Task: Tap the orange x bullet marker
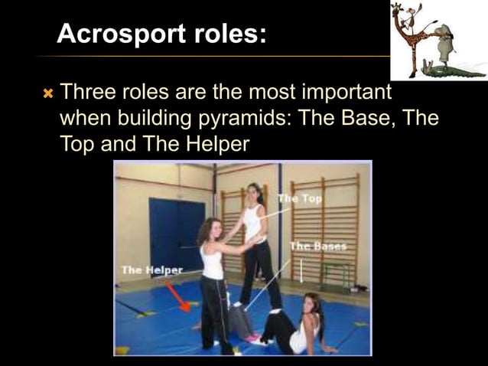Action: (48, 94)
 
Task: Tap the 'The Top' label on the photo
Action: (301, 198)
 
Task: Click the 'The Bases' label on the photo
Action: (317, 247)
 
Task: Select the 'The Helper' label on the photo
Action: (151, 270)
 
